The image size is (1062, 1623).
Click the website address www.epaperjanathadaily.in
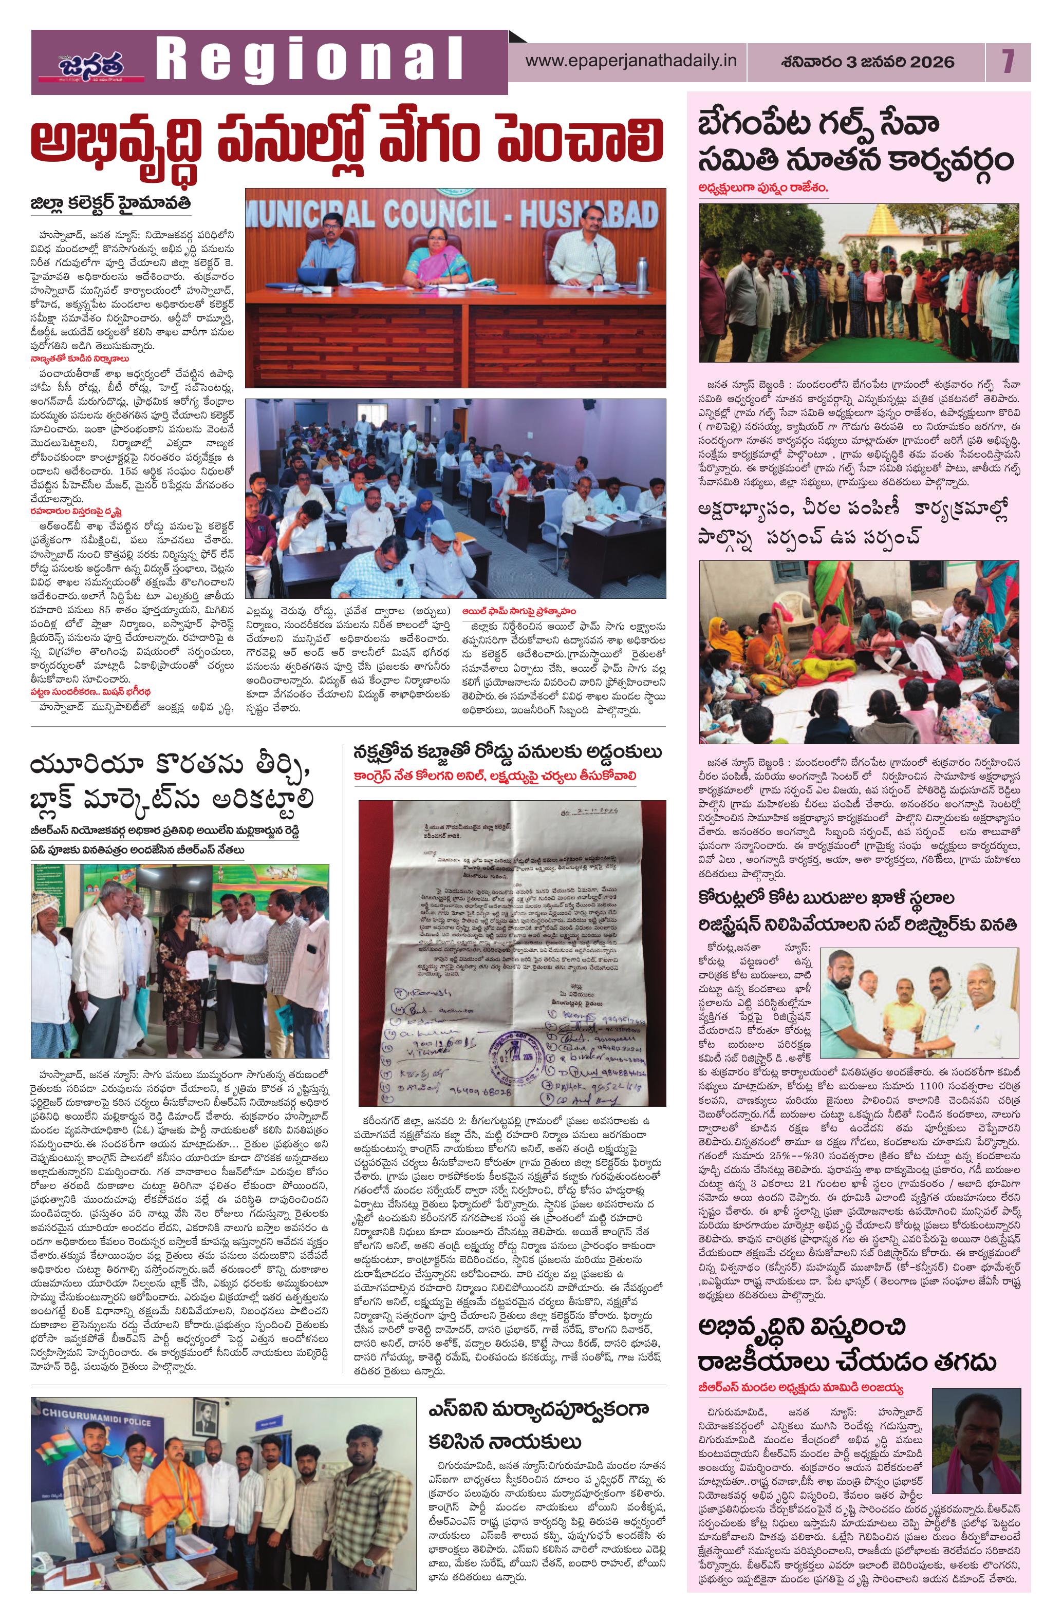[x=631, y=61]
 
